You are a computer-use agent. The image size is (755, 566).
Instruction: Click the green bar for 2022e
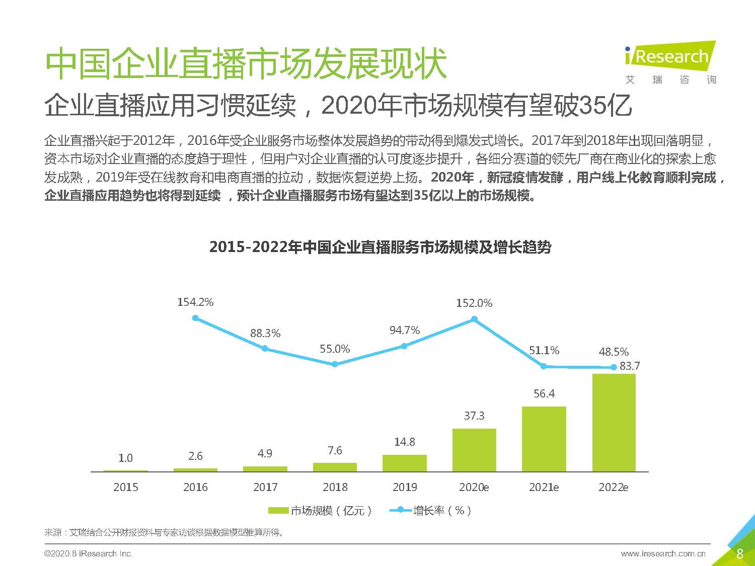tap(614, 423)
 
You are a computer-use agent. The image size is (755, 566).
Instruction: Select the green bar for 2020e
tap(474, 450)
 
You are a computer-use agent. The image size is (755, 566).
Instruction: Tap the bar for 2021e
tap(544, 439)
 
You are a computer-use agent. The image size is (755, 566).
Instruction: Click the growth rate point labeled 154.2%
tap(195, 318)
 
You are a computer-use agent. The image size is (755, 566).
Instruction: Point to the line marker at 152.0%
tap(474, 319)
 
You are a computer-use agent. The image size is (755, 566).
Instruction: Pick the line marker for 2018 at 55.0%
tap(335, 364)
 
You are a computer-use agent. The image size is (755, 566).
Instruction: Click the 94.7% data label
tap(404, 331)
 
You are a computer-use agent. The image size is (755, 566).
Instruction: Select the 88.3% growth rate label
tap(265, 333)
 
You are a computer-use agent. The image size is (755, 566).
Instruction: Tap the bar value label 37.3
tap(474, 416)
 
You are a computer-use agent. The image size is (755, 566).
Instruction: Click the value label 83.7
tap(630, 366)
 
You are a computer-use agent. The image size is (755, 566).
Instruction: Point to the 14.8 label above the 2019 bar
tap(404, 442)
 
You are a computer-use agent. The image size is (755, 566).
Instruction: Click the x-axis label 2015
tap(125, 487)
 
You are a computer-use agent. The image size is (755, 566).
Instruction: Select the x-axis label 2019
tap(404, 487)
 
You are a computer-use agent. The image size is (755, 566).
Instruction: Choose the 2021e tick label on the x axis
tap(544, 487)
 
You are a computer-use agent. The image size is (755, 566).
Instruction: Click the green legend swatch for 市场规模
tap(278, 511)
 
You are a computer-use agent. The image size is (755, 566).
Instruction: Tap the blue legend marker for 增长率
tap(401, 510)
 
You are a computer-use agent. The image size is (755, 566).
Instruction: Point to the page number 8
tap(739, 554)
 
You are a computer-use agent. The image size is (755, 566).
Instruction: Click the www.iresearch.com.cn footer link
tap(663, 553)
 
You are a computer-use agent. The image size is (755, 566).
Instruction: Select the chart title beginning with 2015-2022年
tap(380, 247)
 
